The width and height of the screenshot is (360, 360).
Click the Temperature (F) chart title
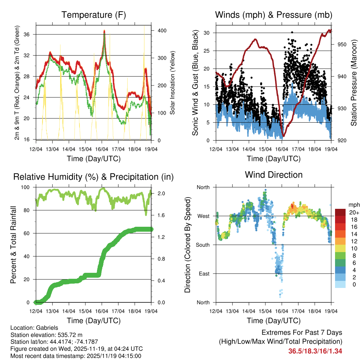coord(94,15)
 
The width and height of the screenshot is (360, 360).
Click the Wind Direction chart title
coord(274,174)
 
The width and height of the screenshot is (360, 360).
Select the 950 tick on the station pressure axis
coord(342,44)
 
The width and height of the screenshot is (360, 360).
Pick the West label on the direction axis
coord(203,216)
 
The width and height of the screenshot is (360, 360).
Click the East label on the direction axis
coord(204,274)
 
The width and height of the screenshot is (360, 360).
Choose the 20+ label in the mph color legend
coord(354,212)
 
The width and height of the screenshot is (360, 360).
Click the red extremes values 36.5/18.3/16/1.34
coord(315,351)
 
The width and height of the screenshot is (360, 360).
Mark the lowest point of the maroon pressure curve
coord(283,136)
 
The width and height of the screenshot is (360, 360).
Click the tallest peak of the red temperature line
coord(104,31)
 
